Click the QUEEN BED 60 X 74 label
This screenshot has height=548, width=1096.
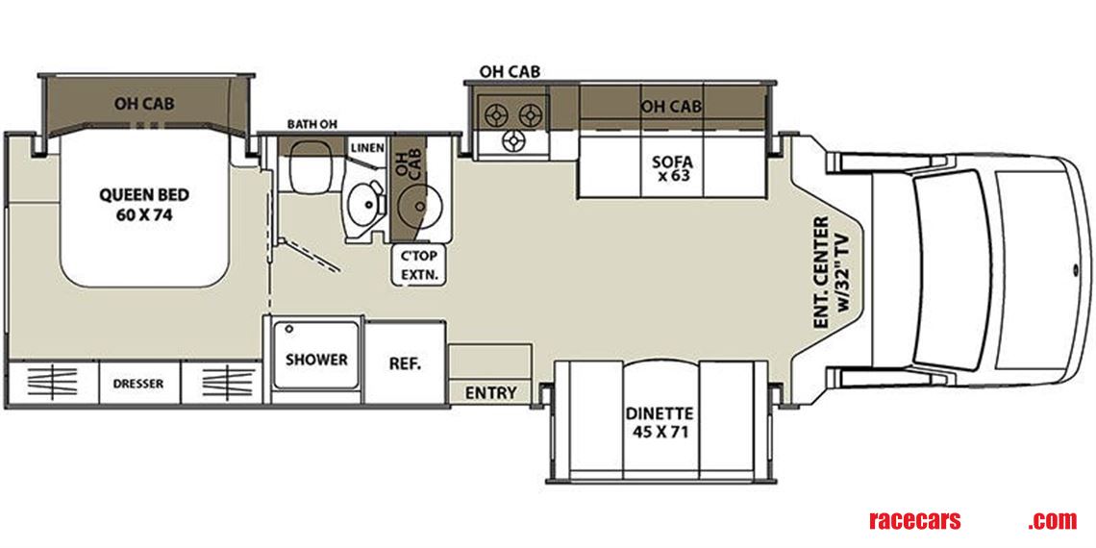tap(143, 203)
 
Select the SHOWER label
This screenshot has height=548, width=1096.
tap(316, 360)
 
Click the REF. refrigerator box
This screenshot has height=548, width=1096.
tap(405, 363)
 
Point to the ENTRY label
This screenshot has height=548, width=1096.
tap(490, 392)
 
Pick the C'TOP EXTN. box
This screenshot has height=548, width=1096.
tap(418, 265)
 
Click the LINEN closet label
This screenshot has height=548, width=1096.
tap(367, 148)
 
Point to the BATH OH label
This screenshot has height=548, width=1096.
tap(311, 125)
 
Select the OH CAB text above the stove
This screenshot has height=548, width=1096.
tap(509, 71)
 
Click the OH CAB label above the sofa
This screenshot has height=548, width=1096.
tap(671, 106)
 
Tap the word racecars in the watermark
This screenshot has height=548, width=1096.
tap(914, 520)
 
